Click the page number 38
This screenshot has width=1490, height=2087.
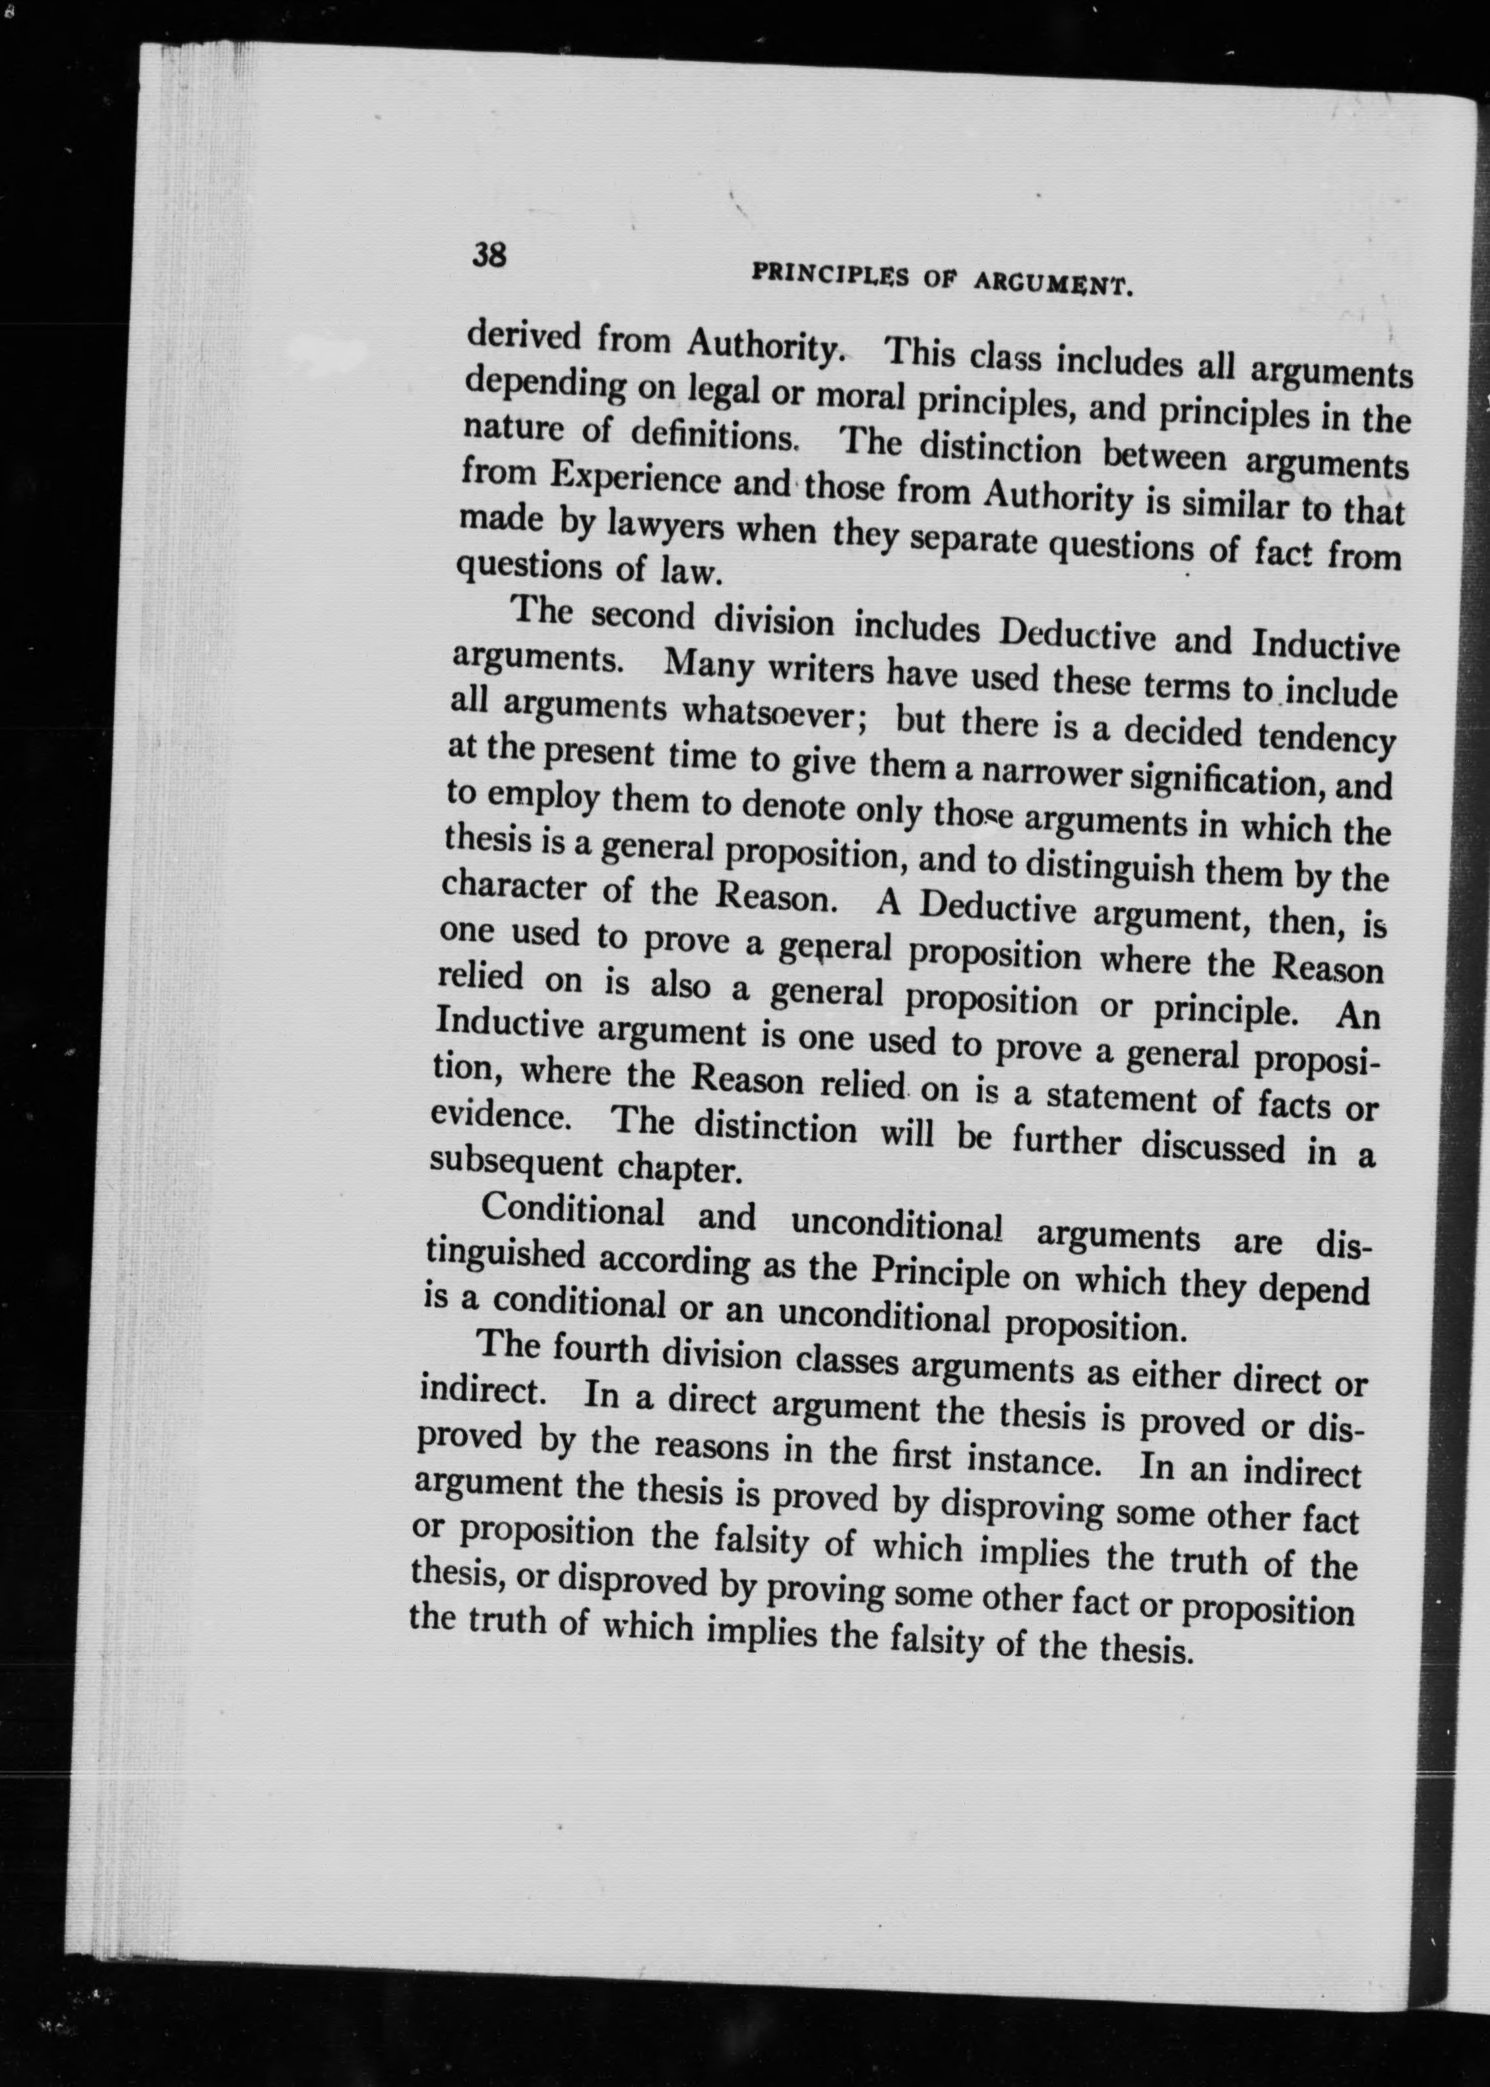pos(489,254)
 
